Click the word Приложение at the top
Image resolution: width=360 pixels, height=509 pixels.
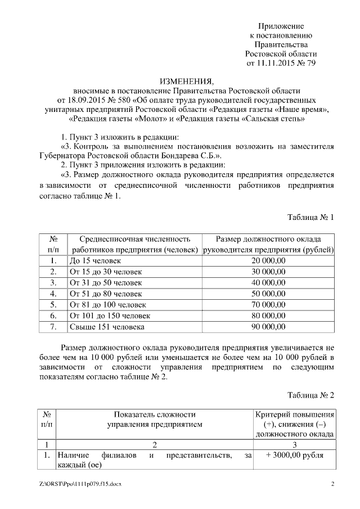coord(281,26)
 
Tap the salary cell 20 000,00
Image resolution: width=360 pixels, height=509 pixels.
coord(269,261)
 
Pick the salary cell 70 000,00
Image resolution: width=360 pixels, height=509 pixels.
coord(269,304)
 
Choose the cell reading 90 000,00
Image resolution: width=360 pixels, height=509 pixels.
coord(269,326)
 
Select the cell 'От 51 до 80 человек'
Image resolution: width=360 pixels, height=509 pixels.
coord(105,294)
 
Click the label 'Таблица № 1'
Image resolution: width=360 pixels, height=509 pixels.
coord(310,218)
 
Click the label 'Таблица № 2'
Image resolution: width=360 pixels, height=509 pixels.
coord(310,395)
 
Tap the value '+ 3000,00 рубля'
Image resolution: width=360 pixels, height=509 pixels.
coord(295,456)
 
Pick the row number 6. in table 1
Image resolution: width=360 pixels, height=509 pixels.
coord(53,316)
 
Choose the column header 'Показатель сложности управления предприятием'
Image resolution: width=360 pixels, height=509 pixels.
coord(155,419)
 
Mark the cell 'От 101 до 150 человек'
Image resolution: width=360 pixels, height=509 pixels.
coord(110,316)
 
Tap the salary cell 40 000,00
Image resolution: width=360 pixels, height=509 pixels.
coord(269,282)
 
